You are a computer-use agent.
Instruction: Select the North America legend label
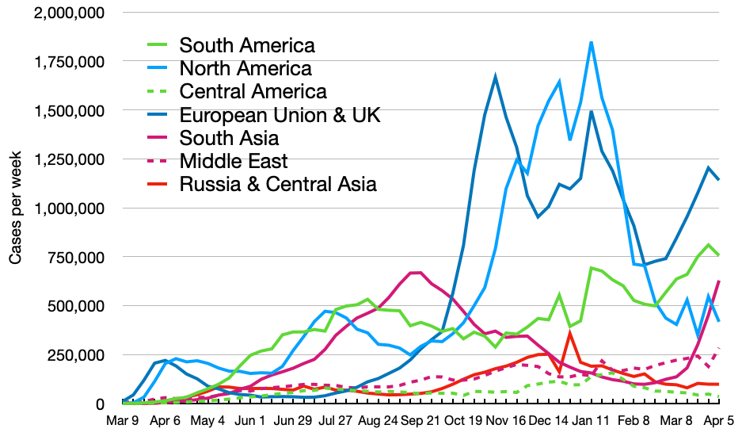(x=245, y=68)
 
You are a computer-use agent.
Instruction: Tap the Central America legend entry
(x=253, y=91)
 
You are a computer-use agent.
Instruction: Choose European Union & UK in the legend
(x=280, y=115)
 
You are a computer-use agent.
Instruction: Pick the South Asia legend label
(x=229, y=139)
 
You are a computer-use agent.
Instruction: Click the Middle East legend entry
(x=233, y=162)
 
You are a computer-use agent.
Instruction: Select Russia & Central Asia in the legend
(x=277, y=185)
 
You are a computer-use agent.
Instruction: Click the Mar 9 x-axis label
(x=125, y=423)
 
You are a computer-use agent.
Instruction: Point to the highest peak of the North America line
(x=591, y=43)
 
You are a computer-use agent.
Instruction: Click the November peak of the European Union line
(x=495, y=77)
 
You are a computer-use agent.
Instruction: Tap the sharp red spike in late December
(x=570, y=333)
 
